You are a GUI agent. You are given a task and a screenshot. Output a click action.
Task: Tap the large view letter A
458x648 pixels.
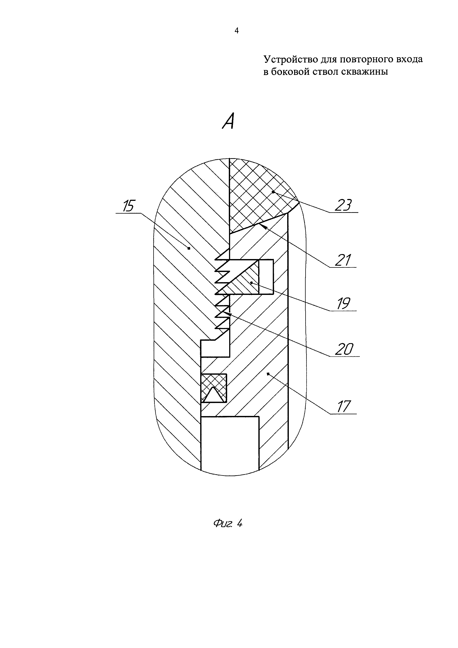[x=229, y=121]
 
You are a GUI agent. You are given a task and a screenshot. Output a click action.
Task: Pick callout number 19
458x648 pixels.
[x=343, y=304]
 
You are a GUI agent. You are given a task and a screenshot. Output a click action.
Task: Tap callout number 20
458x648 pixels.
[x=344, y=349]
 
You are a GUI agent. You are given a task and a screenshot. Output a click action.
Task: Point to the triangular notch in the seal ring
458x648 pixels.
[x=213, y=394]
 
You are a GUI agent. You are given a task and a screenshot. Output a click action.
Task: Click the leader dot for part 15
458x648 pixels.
[x=189, y=248]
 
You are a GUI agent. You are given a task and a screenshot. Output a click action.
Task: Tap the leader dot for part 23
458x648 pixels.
[x=273, y=192]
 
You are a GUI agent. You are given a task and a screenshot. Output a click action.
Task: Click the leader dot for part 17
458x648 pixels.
[x=268, y=374]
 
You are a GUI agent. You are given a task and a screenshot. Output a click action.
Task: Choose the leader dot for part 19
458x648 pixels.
[x=251, y=282]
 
